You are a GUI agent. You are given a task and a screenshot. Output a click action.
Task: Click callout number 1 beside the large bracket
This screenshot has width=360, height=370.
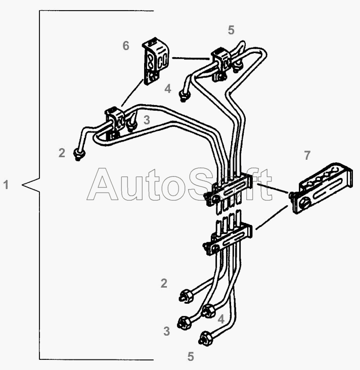(x=6, y=185)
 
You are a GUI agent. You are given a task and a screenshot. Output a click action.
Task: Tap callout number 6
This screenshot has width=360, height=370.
(x=126, y=46)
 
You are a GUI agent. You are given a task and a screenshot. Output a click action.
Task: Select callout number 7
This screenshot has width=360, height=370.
(x=307, y=155)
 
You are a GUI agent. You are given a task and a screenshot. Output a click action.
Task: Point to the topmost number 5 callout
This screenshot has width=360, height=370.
(x=231, y=30)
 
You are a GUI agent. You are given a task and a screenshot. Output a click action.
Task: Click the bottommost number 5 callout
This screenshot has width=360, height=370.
(x=191, y=356)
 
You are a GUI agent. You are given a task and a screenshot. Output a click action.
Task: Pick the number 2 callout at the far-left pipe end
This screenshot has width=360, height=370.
(x=62, y=153)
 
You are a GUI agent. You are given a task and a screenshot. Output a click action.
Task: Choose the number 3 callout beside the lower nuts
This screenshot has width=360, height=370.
(x=166, y=332)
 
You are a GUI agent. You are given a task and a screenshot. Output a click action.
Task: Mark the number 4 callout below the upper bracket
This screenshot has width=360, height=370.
(x=168, y=89)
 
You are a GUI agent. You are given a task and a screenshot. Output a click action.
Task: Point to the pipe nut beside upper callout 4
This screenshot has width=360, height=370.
(x=185, y=95)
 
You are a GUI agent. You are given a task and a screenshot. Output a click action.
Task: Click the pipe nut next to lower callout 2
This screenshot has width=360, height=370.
(x=185, y=296)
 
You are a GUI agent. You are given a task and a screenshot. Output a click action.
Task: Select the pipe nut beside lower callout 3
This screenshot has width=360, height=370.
(x=184, y=321)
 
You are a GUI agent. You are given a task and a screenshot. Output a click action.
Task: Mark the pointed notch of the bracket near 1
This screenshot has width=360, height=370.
(x=23, y=185)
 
